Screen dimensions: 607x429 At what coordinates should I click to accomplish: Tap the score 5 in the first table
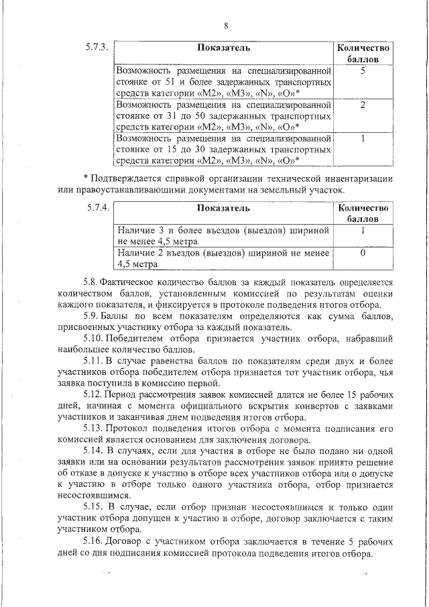tap(362, 70)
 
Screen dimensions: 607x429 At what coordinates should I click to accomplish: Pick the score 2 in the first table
tap(362, 105)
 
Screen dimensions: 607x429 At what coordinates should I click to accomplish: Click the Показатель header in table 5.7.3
tap(224, 48)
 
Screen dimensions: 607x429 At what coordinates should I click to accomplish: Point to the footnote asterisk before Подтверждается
tap(85, 178)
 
